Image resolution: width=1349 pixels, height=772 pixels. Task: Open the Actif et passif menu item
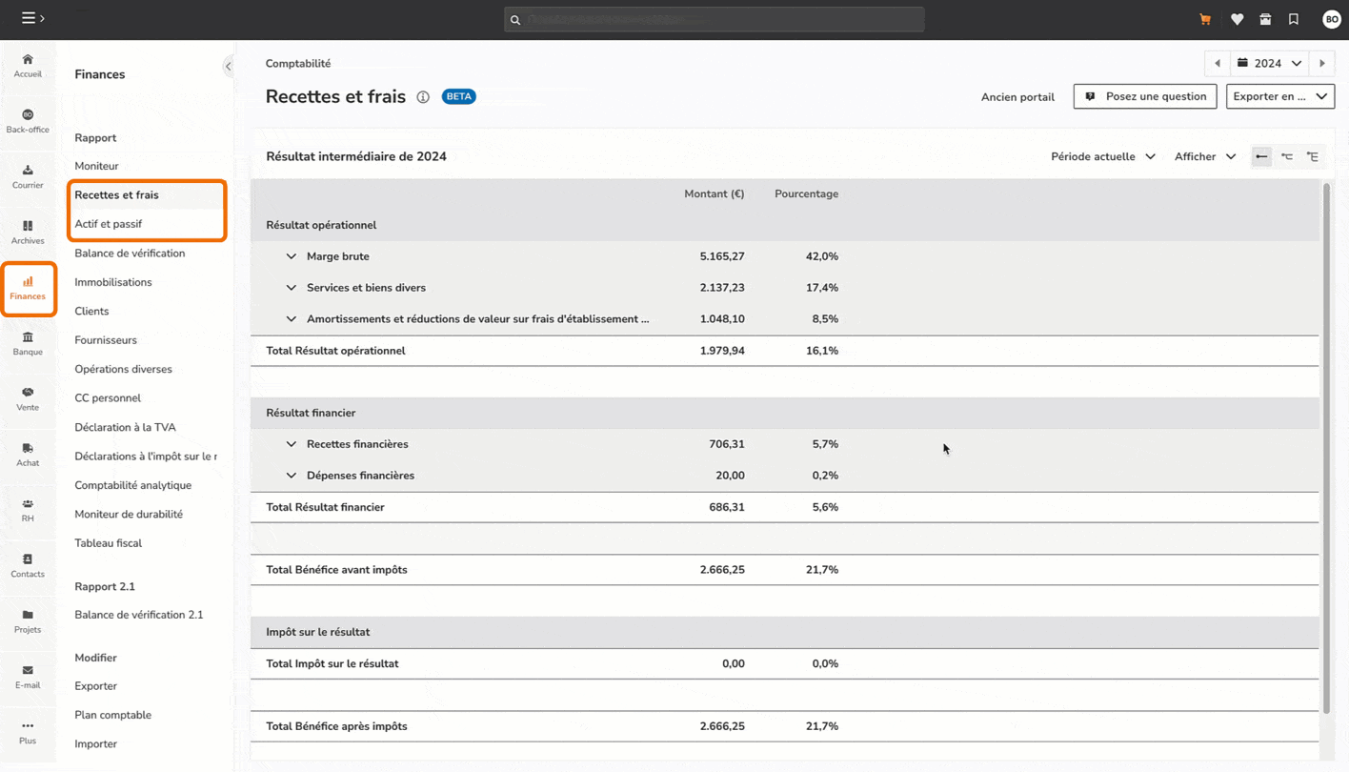pyautogui.click(x=109, y=224)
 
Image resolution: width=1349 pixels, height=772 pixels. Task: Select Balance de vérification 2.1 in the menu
pyautogui.click(x=139, y=615)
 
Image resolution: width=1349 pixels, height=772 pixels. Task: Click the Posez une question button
pyautogui.click(x=1145, y=96)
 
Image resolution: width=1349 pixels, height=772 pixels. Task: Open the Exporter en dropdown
pyautogui.click(x=1279, y=96)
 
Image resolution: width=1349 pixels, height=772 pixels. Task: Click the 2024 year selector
pyautogui.click(x=1269, y=64)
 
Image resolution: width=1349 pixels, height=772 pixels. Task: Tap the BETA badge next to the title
pyautogui.click(x=458, y=96)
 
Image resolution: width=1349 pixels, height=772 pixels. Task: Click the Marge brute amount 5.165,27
pyautogui.click(x=721, y=256)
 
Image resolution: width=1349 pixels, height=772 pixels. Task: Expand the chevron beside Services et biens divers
pyautogui.click(x=292, y=288)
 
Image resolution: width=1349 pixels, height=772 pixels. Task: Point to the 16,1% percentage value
pyautogui.click(x=821, y=351)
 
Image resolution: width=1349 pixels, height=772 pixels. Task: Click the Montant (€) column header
pyautogui.click(x=714, y=193)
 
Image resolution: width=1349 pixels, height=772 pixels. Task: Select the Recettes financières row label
pyautogui.click(x=357, y=444)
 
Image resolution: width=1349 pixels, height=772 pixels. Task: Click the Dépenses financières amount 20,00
pyautogui.click(x=730, y=476)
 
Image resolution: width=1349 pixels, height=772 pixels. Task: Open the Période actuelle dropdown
pyautogui.click(x=1102, y=156)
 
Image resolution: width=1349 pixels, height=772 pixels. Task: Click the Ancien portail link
pyautogui.click(x=1017, y=97)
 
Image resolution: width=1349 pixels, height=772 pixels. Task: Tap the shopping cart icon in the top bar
pyautogui.click(x=1205, y=19)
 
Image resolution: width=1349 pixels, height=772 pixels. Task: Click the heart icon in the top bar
pyautogui.click(x=1237, y=19)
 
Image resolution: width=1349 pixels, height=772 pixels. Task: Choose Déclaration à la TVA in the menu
pyautogui.click(x=125, y=427)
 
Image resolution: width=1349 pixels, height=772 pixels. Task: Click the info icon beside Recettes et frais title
pyautogui.click(x=423, y=97)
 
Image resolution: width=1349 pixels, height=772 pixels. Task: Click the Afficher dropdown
pyautogui.click(x=1204, y=156)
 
